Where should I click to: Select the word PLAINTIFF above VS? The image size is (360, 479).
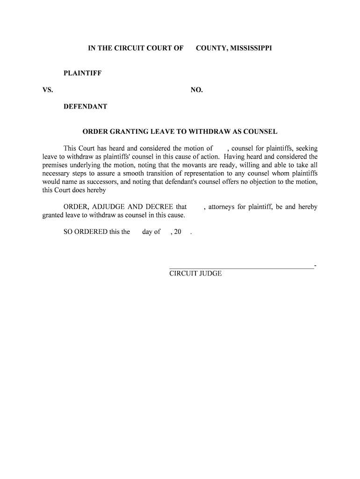83,73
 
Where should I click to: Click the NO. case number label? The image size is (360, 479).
197,90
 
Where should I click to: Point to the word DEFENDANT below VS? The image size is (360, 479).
86,107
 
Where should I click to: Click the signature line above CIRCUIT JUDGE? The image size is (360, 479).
241,268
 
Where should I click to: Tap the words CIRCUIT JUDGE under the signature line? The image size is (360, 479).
195,274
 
